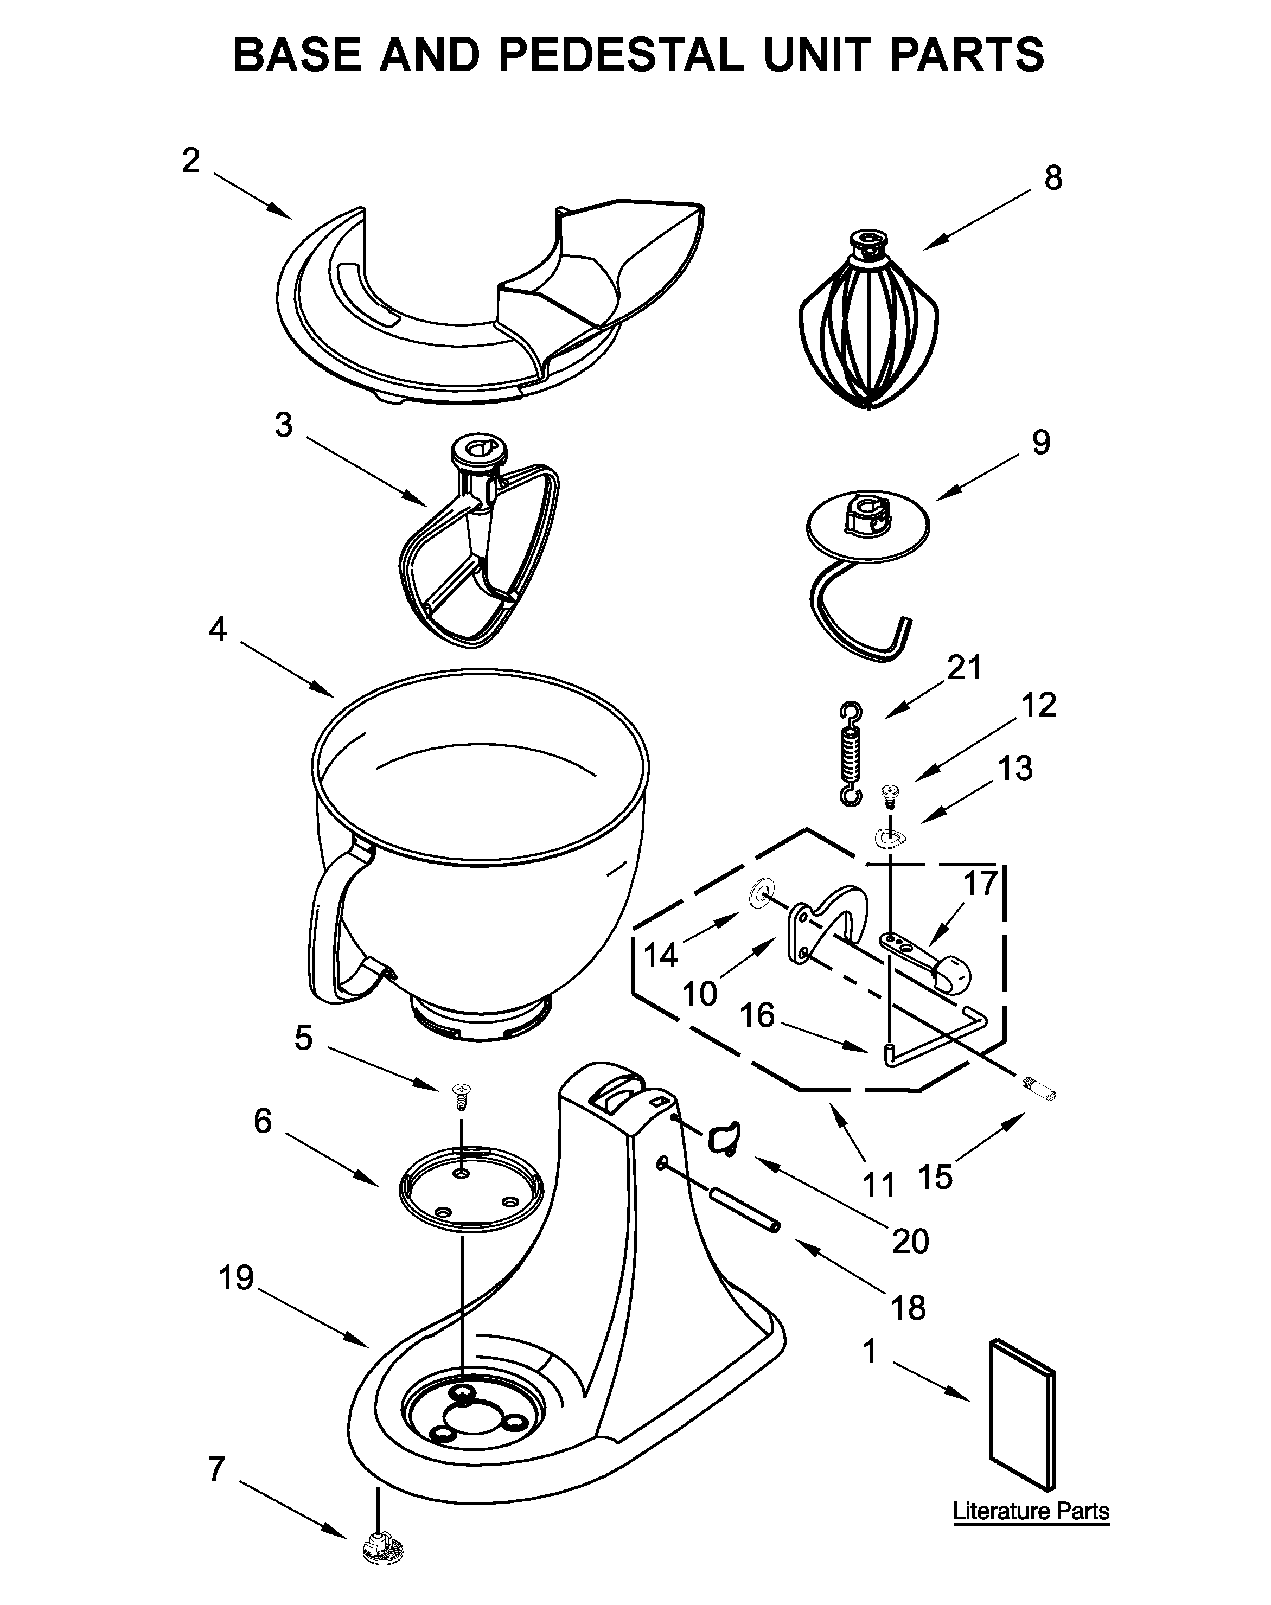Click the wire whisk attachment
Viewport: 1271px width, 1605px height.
coord(868,328)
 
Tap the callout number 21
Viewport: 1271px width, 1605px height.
coord(965,668)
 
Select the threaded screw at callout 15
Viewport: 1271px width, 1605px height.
coord(1039,1092)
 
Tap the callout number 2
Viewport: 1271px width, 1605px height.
coord(191,160)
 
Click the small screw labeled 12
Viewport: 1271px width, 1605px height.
coord(888,794)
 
